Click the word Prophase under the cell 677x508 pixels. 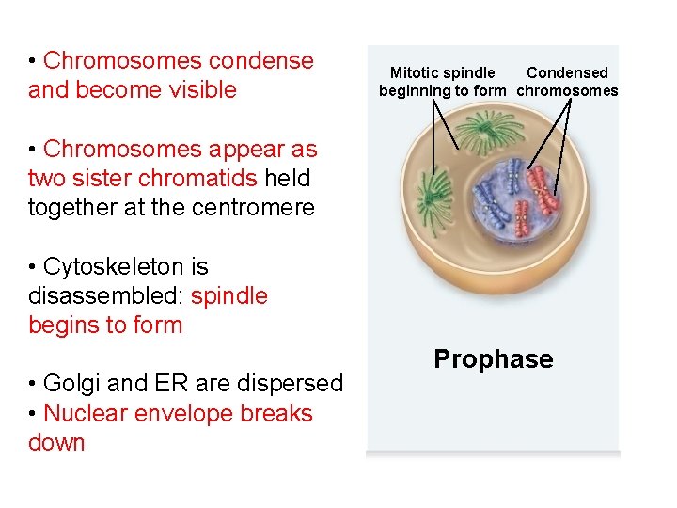[x=493, y=359]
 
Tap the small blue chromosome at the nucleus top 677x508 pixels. [x=512, y=171]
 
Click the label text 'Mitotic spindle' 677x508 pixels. [x=442, y=73]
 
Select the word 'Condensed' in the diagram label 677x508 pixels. [x=567, y=73]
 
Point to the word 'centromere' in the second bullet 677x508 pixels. [x=258, y=208]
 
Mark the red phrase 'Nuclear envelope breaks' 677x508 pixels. [x=178, y=413]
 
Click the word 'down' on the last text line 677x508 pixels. [x=56, y=442]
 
